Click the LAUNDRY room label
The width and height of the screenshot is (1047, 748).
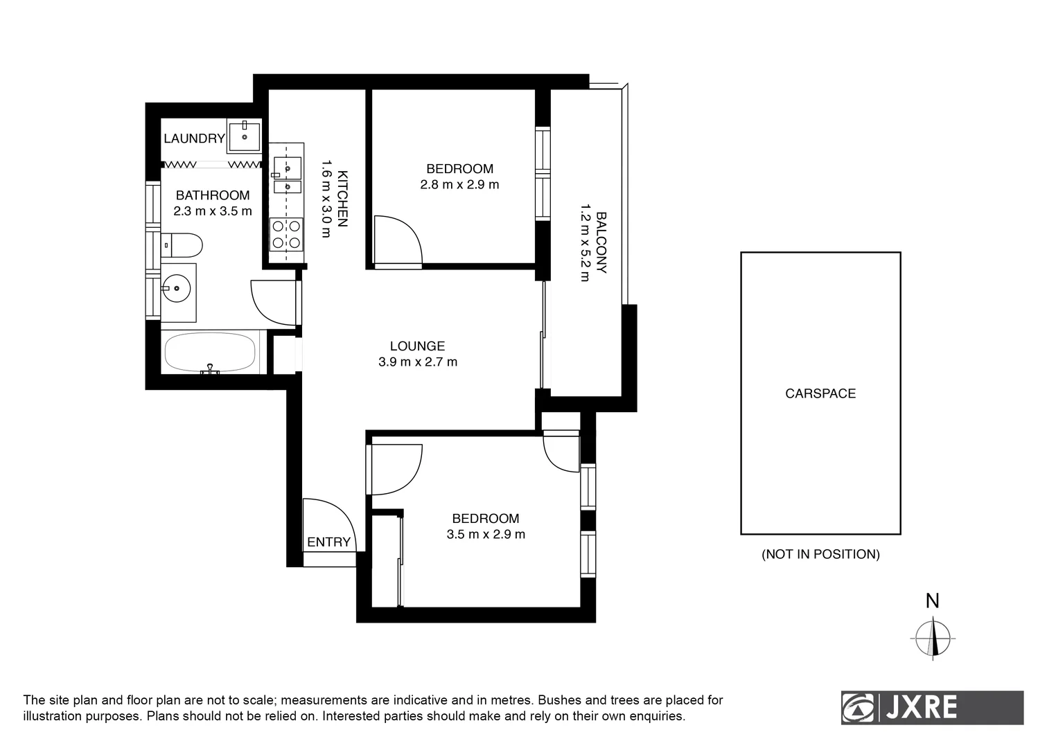click(194, 139)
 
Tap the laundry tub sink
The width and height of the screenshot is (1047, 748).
click(244, 136)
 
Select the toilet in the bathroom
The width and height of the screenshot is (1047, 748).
click(183, 244)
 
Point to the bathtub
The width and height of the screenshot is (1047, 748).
click(209, 353)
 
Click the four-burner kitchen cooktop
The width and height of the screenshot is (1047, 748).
click(286, 234)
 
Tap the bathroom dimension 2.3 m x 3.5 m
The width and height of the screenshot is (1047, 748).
click(213, 211)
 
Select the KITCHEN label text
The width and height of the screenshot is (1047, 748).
click(342, 199)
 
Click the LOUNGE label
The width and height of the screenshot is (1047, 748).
click(417, 346)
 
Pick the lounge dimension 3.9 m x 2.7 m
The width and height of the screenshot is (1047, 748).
click(418, 362)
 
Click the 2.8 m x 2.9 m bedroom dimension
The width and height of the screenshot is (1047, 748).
click(459, 185)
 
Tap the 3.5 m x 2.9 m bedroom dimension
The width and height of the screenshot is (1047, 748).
click(486, 535)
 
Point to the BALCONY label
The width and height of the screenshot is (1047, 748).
click(601, 242)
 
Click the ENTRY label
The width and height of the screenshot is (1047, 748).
click(328, 542)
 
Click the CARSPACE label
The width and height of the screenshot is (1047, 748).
click(820, 393)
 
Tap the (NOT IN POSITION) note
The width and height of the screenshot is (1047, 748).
click(820, 554)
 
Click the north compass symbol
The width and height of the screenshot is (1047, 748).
click(933, 638)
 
